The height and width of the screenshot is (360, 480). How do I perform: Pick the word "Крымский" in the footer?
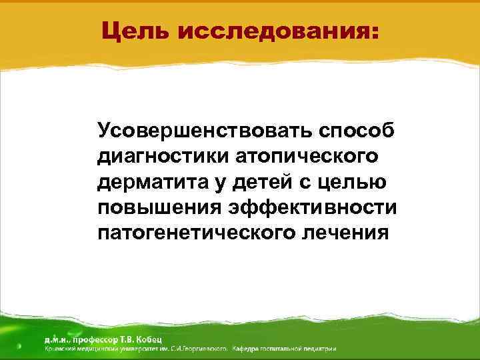(x=59, y=348)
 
